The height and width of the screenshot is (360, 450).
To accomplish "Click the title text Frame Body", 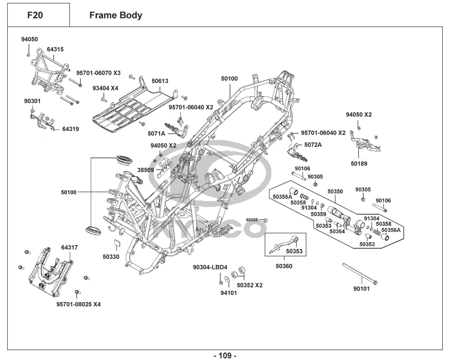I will pyautogui.click(x=116, y=15).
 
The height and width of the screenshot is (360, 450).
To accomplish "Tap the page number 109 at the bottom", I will pyautogui.click(x=225, y=356).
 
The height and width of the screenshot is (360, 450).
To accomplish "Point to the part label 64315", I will pyautogui.click(x=55, y=49).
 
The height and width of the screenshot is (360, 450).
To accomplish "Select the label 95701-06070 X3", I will pyautogui.click(x=98, y=73).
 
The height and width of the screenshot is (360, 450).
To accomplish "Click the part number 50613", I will pyautogui.click(x=160, y=81).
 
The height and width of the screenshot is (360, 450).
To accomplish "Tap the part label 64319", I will pyautogui.click(x=70, y=129).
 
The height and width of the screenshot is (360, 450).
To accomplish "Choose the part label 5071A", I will pyautogui.click(x=156, y=134).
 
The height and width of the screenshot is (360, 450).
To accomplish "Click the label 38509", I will pyautogui.click(x=146, y=170).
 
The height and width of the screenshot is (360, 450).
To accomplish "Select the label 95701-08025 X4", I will pyautogui.click(x=79, y=305).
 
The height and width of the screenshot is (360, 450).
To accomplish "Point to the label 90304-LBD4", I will pyautogui.click(x=210, y=267).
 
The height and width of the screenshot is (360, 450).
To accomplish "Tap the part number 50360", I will pyautogui.click(x=284, y=266).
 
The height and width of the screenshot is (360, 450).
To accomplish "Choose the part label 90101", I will pyautogui.click(x=361, y=289).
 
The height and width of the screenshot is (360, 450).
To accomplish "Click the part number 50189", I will pyautogui.click(x=359, y=163).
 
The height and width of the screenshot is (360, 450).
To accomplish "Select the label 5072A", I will pyautogui.click(x=313, y=145).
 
